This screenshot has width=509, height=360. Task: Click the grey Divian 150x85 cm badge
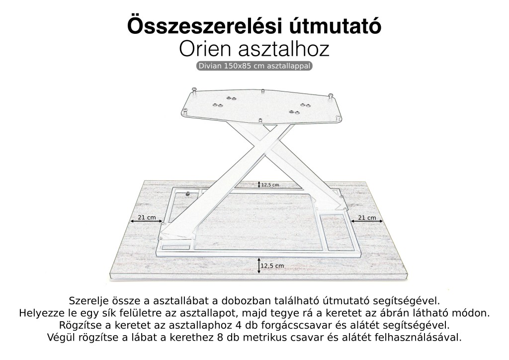click(x=254, y=66)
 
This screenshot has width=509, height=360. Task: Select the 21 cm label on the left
click(x=147, y=217)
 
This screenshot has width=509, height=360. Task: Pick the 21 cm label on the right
click(x=367, y=217)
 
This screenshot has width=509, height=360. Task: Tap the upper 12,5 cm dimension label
click(x=270, y=184)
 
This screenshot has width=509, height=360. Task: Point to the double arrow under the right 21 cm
click(x=367, y=222)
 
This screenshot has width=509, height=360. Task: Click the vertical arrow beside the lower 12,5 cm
click(x=259, y=266)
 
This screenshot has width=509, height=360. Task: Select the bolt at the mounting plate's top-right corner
click(x=330, y=95)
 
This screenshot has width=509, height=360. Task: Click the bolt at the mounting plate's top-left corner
click(x=195, y=90)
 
